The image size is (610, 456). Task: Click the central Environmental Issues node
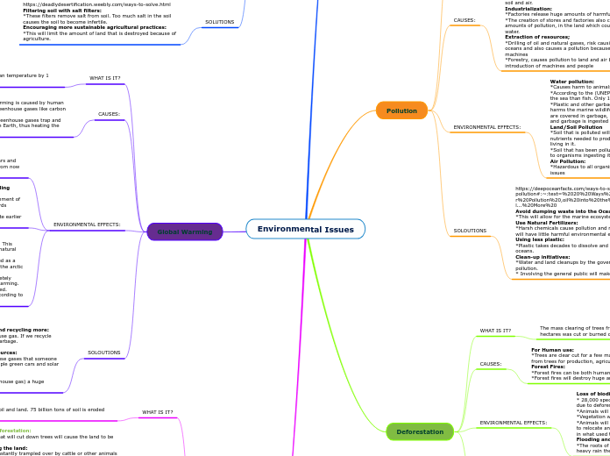(x=305, y=230)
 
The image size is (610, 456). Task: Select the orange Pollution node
(x=401, y=110)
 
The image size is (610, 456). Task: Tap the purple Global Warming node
(x=185, y=232)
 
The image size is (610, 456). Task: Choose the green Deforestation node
(x=420, y=431)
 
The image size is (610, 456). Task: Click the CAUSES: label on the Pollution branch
(x=465, y=19)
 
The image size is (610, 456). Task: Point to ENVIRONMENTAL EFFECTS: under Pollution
(x=486, y=128)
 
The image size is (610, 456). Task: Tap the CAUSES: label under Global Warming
(x=109, y=114)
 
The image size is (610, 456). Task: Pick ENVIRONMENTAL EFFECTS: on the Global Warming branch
(x=87, y=224)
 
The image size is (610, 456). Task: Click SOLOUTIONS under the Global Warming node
(x=103, y=353)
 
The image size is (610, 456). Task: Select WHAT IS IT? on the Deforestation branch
(x=495, y=331)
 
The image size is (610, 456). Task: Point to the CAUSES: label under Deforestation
(x=491, y=363)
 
